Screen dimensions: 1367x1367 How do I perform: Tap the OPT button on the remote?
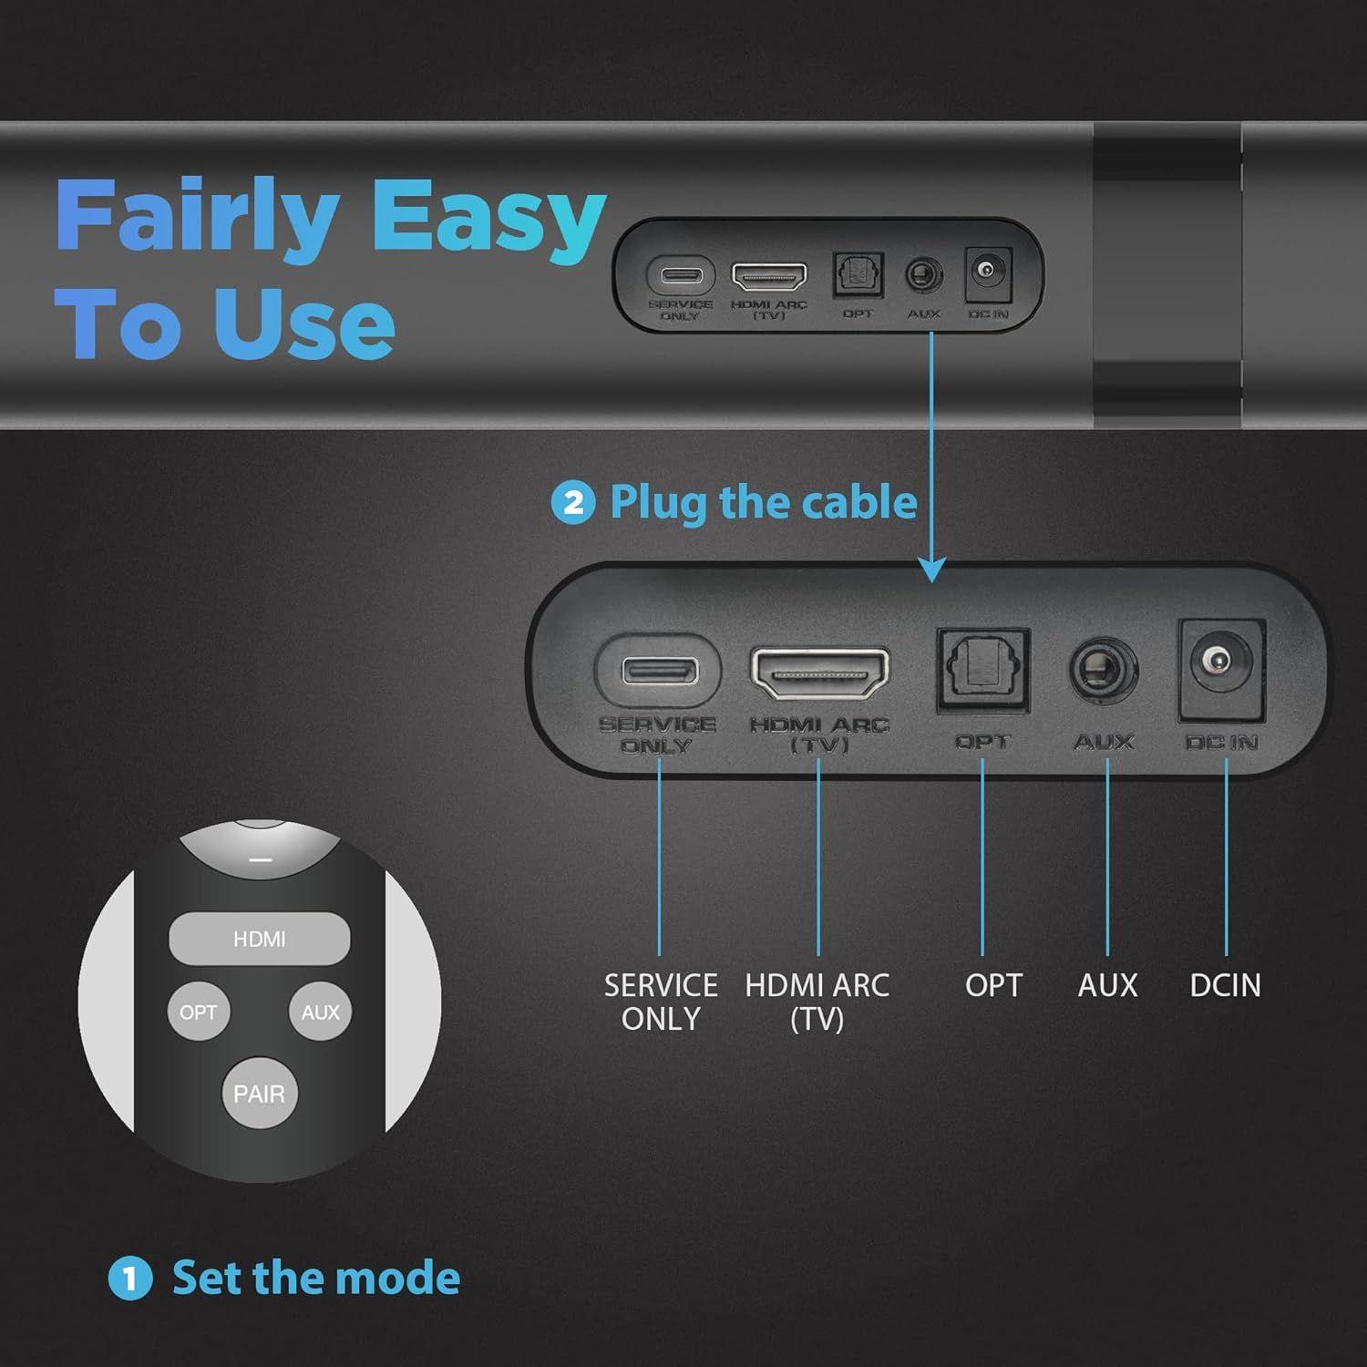pyautogui.click(x=198, y=1012)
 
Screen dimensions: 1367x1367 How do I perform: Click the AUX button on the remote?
pyautogui.click(x=320, y=1012)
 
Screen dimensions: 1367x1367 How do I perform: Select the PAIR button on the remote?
pyautogui.click(x=259, y=1094)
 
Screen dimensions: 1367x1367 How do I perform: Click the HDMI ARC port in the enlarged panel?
pyautogui.click(x=819, y=673)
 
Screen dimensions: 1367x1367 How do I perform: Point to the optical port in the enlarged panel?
pyautogui.click(x=983, y=670)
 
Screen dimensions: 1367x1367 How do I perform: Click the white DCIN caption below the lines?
pyautogui.click(x=1225, y=985)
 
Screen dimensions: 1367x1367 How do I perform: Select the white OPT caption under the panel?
pyautogui.click(x=993, y=985)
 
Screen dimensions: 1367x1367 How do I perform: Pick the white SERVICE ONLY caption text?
pyautogui.click(x=661, y=1002)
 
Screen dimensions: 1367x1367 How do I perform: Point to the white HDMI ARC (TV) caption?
pyautogui.click(x=817, y=1002)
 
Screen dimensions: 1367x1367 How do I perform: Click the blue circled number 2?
pyautogui.click(x=573, y=502)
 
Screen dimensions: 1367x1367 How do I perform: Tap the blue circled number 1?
pyautogui.click(x=129, y=1278)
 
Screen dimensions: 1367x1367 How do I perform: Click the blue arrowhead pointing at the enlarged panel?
pyautogui.click(x=931, y=570)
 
